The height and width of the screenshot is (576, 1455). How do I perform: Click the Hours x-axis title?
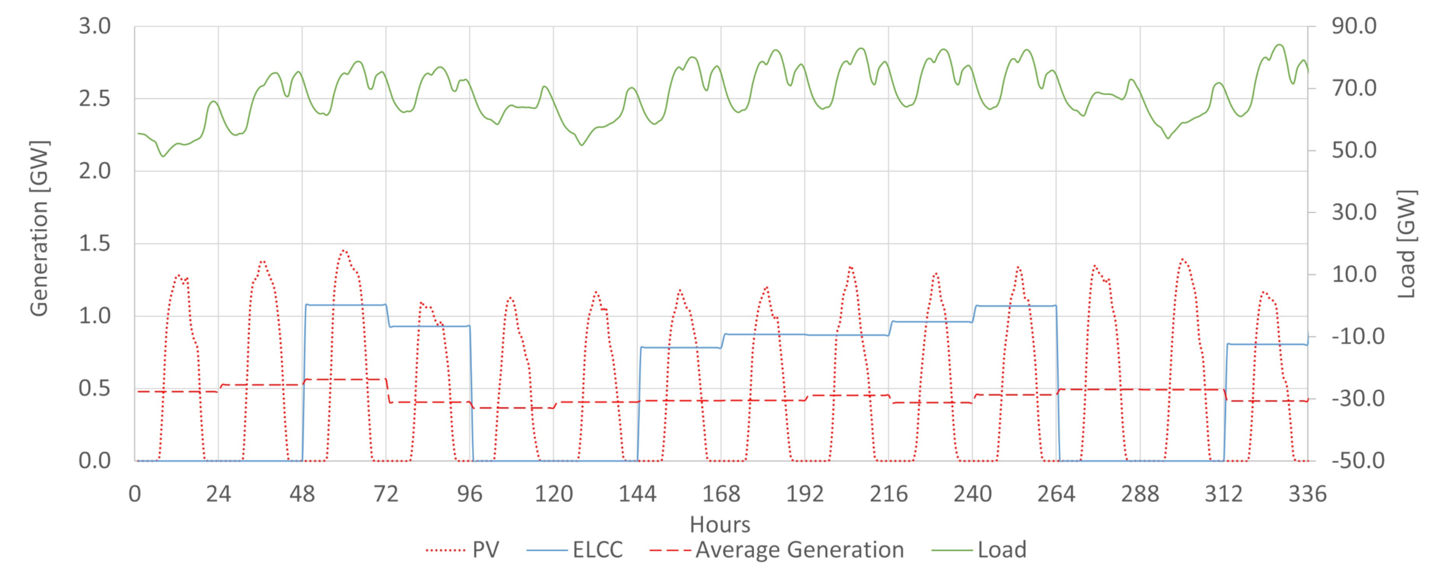720,525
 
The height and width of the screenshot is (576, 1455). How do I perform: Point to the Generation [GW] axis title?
39,228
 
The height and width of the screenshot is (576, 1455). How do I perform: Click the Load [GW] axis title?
1407,244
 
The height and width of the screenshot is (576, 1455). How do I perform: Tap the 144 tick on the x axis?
637,494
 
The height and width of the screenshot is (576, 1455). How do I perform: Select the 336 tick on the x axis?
1307,494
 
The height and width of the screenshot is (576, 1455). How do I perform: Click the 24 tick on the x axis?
218,494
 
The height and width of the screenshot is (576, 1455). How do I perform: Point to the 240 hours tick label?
972,494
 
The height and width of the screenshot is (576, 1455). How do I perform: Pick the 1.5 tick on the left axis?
95,244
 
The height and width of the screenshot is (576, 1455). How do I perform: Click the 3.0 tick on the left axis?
95,26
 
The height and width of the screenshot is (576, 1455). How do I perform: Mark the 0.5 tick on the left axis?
95,389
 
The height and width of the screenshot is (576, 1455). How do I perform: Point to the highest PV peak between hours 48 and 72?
344,250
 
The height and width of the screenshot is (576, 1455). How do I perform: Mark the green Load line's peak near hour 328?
1279,45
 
